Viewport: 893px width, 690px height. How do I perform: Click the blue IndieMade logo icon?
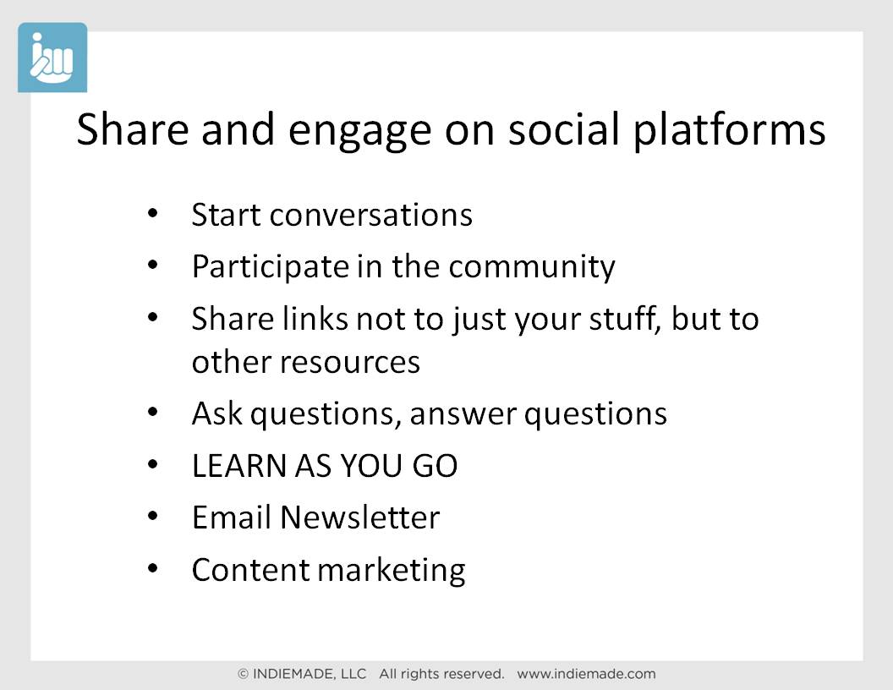tap(52, 57)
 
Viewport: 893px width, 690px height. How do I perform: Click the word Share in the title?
tap(132, 129)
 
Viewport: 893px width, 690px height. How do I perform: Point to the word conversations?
tap(371, 215)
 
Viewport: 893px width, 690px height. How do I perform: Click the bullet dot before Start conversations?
tap(152, 213)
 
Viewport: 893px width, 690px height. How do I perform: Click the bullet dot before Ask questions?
tap(152, 412)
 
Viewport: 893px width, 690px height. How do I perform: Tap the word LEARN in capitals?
tap(239, 466)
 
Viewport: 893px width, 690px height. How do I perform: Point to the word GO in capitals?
tap(436, 466)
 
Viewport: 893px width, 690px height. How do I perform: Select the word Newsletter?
tap(360, 517)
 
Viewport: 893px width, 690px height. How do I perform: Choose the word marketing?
tap(392, 571)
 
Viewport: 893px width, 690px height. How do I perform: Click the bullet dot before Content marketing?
tap(152, 568)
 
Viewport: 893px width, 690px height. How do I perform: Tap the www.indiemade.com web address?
tap(587, 674)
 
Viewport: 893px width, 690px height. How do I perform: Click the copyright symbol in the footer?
tap(244, 674)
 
